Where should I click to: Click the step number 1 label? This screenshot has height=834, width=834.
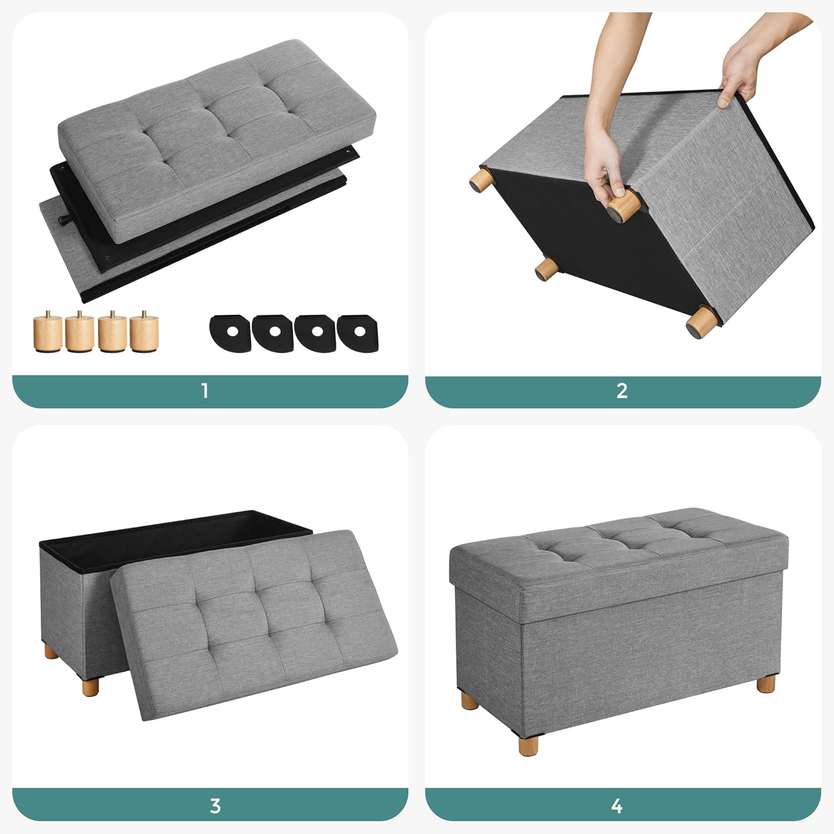[205, 391]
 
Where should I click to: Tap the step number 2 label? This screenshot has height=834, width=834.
[622, 391]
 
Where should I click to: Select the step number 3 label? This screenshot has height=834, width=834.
[215, 805]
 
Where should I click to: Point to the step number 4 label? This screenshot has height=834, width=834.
[617, 805]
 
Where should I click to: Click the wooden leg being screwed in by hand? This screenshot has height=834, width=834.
[622, 205]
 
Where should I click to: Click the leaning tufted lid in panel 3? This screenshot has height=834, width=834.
[253, 623]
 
